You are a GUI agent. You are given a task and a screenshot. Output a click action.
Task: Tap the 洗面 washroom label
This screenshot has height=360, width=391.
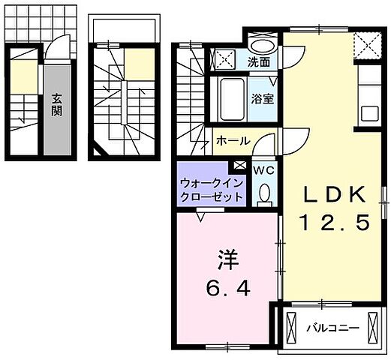[x=259, y=62]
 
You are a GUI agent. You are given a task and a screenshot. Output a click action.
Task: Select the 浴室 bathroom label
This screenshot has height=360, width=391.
[x=262, y=97]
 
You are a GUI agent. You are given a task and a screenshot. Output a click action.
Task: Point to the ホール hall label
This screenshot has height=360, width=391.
[x=233, y=140]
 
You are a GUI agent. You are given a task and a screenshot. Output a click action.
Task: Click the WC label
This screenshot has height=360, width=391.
[x=263, y=170]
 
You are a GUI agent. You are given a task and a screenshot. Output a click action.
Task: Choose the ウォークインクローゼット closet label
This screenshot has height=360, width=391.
[x=211, y=189]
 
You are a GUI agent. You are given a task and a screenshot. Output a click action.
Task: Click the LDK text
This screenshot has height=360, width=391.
[x=335, y=195]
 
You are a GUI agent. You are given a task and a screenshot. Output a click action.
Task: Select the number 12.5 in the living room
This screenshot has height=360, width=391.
[x=335, y=223]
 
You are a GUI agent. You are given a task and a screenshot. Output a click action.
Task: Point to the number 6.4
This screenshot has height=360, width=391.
[x=227, y=287]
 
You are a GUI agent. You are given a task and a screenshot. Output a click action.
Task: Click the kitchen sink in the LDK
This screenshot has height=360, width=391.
[x=370, y=113]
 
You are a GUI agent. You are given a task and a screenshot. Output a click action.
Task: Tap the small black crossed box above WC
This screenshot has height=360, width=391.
[x=239, y=166]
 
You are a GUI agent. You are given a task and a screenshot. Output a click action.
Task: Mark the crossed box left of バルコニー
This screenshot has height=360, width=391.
[x=291, y=328]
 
